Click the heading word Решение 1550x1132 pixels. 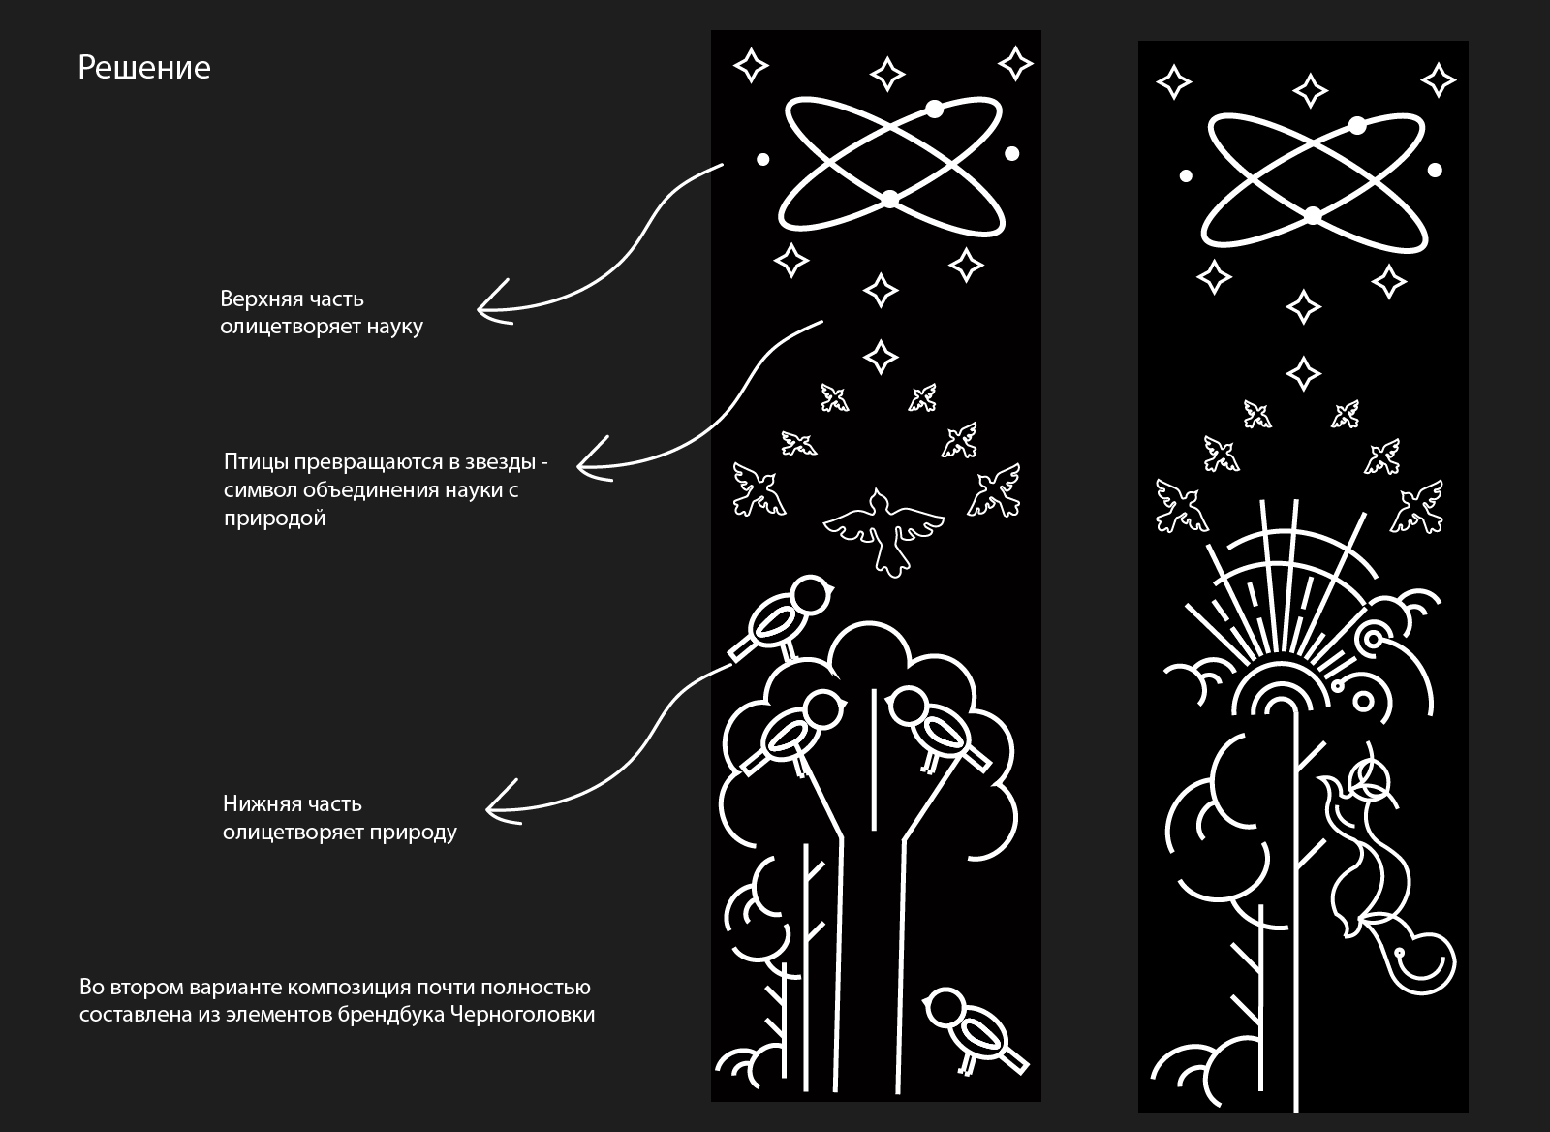[144, 68]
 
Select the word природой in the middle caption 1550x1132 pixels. [275, 518]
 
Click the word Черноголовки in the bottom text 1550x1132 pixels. [522, 1015]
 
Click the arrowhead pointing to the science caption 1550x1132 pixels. [493, 304]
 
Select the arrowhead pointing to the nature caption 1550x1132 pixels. [502, 803]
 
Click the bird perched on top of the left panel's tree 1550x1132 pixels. [782, 617]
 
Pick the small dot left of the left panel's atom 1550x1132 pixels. [762, 159]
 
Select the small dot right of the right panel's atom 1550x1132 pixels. [1435, 170]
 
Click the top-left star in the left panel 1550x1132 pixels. [751, 66]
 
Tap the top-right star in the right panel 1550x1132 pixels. [1439, 80]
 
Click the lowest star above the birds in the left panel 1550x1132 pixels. [881, 358]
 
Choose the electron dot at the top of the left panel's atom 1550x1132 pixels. [934, 109]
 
